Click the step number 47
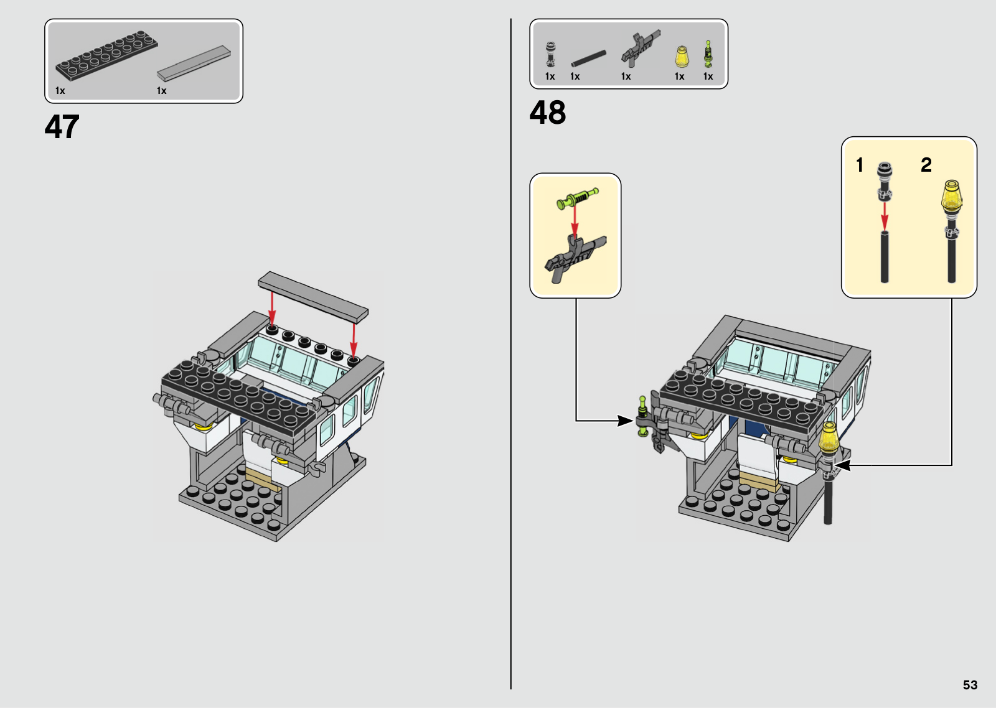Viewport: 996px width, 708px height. [62, 127]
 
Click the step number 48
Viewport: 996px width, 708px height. [547, 112]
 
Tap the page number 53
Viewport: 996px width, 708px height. [970, 685]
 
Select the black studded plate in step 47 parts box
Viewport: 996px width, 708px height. [106, 55]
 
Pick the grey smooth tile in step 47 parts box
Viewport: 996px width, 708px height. [194, 63]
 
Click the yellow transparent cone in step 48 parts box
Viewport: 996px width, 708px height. [681, 57]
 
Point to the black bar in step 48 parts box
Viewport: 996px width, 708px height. [588, 58]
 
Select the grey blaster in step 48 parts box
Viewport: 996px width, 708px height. [640, 49]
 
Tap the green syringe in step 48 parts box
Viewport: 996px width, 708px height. [708, 54]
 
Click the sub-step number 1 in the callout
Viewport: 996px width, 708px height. [860, 165]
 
